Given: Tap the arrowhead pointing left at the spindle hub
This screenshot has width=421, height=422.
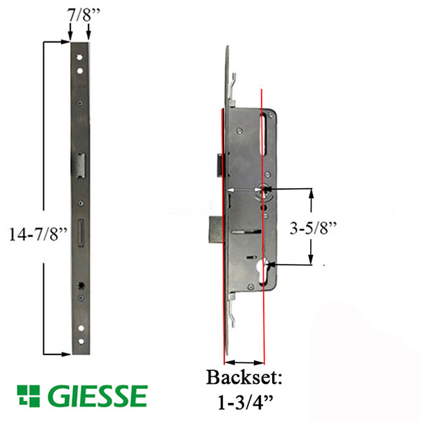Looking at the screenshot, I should click(270, 190).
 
